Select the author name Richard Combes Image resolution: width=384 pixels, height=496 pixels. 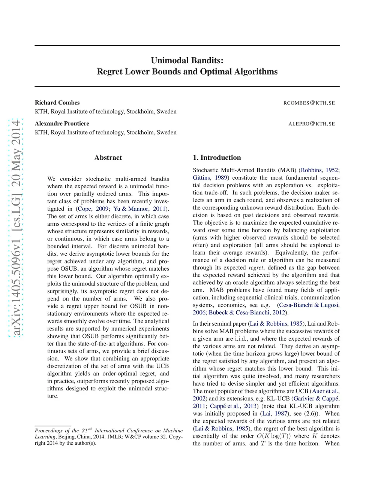coord(57,103)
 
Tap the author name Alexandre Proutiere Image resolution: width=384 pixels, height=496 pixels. coord(62,124)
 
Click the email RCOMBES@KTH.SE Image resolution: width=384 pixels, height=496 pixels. coord(309,103)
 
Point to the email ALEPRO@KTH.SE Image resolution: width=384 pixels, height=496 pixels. coord(312,124)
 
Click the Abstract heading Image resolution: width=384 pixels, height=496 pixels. coord(108,158)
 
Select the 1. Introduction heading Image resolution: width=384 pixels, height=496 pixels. coord(217,158)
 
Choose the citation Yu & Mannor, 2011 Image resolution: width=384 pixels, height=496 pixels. coord(139,209)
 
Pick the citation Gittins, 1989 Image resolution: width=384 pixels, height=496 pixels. coord(210,178)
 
